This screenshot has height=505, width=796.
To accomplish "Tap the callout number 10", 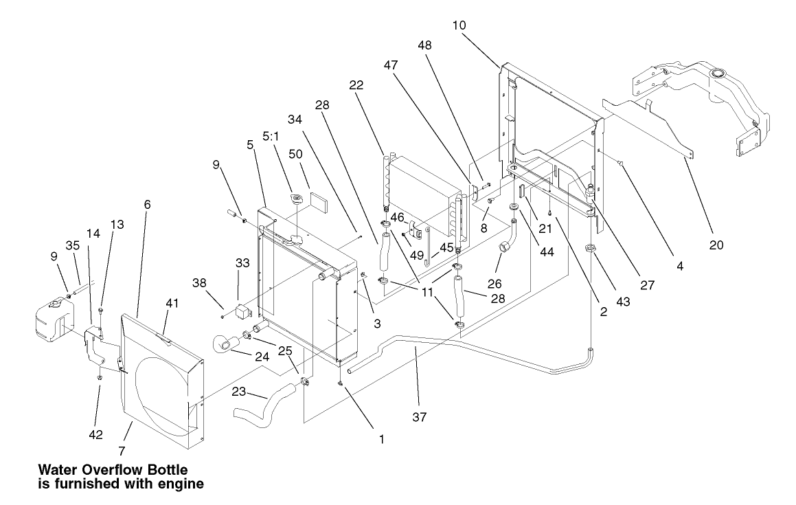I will pos(459,25).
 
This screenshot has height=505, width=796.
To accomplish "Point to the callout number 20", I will pos(715,244).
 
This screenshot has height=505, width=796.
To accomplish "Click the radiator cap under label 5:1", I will pos(299,201).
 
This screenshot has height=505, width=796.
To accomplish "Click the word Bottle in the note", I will pos(161,470).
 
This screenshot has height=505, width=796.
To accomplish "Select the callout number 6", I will pos(148,205).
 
